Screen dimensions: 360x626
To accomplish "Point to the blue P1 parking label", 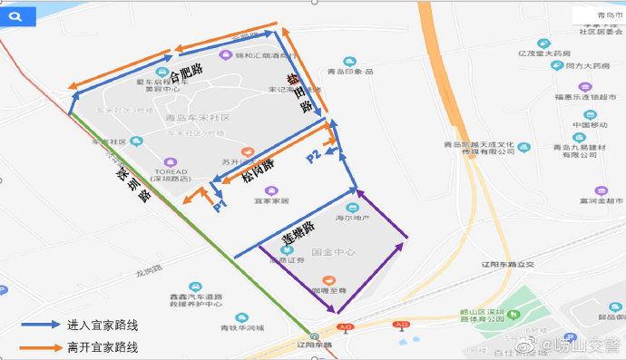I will pos(220,204).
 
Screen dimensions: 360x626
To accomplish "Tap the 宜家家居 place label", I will pos(271,200).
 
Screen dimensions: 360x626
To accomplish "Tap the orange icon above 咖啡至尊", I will pos(328,278).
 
